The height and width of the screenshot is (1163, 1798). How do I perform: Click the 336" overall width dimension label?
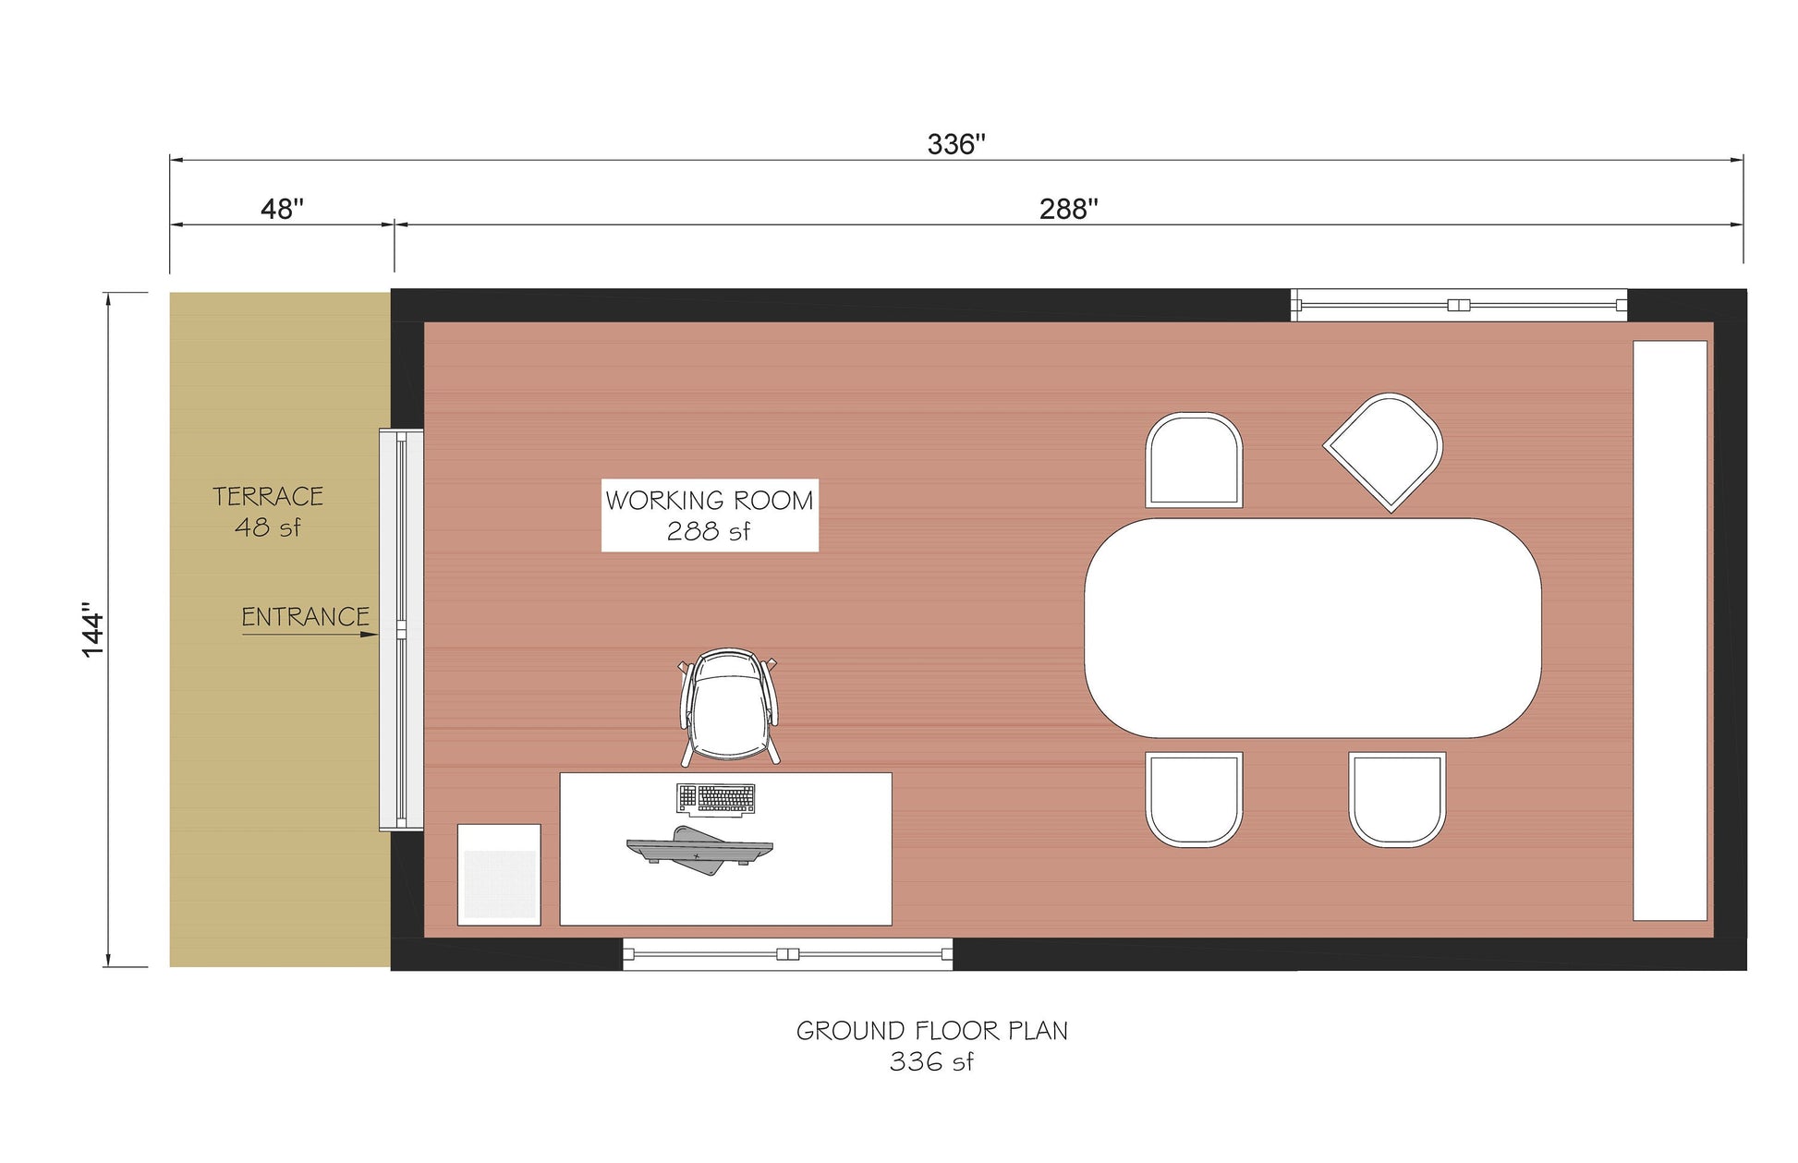[955, 144]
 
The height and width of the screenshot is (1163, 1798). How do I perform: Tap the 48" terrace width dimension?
[282, 209]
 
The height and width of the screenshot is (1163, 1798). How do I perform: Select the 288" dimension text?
[1068, 209]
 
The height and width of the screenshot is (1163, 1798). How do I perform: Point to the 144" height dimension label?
[93, 630]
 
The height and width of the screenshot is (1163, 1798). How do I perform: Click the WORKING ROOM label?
[709, 501]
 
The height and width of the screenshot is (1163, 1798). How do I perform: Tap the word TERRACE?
[268, 497]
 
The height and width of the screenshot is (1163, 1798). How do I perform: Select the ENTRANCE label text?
[305, 616]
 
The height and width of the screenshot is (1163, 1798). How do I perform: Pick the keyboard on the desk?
[716, 799]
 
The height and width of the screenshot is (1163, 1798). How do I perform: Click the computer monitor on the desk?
[699, 850]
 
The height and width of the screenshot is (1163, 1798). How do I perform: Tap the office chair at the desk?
[730, 707]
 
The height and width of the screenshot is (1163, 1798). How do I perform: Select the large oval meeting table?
[1312, 628]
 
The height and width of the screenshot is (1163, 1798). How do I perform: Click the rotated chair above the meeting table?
[1383, 451]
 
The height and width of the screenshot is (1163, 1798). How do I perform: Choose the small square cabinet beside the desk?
[499, 874]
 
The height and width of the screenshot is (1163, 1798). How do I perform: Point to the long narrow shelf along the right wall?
[1670, 630]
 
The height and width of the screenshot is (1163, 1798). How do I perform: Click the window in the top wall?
[1458, 305]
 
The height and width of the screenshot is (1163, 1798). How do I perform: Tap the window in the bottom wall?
[787, 954]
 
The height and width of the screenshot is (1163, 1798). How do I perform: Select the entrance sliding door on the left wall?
[401, 630]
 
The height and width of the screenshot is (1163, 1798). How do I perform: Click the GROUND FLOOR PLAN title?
[931, 1031]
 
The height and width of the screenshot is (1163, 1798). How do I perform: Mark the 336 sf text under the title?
[931, 1062]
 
